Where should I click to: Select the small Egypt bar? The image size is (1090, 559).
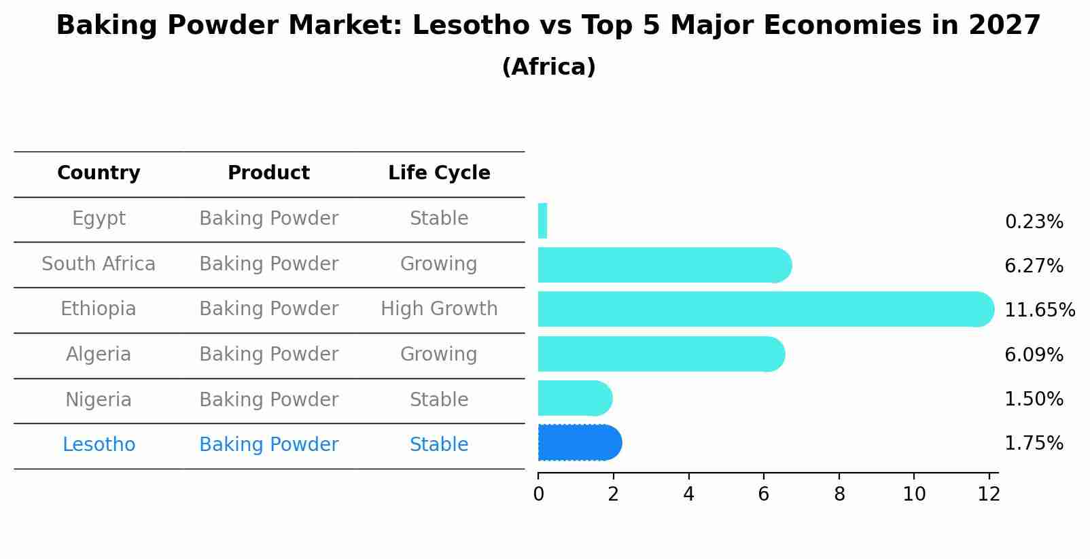point(542,221)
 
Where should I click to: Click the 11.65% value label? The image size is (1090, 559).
point(1039,310)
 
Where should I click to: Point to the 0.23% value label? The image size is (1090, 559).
point(1034,222)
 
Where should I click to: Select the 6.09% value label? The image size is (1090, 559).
point(1034,355)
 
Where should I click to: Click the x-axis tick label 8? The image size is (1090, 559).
point(839,494)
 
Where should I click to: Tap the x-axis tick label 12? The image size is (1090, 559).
point(989,494)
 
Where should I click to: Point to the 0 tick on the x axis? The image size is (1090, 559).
point(538,494)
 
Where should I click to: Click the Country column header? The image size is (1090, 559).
point(99,173)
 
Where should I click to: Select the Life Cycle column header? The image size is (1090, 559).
point(439,173)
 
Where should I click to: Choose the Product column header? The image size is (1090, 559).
point(268,173)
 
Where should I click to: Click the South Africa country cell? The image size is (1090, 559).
point(99,264)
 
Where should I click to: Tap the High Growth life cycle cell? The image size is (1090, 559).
point(439,309)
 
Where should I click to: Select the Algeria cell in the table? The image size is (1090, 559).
point(99,355)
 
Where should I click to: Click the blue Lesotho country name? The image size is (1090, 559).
point(99,445)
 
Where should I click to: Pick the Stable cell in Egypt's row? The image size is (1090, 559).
point(439,219)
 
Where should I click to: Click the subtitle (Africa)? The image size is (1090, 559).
point(548,67)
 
